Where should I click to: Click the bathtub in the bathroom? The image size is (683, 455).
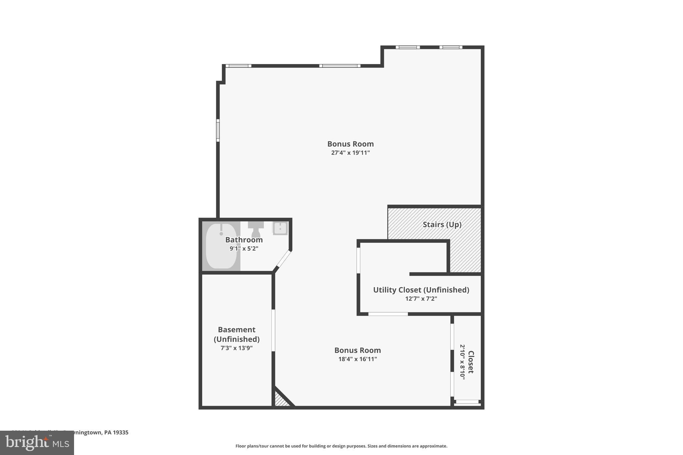(221, 247)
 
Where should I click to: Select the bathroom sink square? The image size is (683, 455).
(280, 229)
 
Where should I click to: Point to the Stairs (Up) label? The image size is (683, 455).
(442, 224)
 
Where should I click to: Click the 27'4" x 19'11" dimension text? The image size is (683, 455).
(350, 153)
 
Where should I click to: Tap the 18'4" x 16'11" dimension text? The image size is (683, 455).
(358, 359)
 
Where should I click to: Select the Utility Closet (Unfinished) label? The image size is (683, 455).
(421, 290)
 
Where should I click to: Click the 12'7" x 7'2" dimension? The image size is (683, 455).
(421, 299)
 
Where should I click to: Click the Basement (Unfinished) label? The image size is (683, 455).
(236, 334)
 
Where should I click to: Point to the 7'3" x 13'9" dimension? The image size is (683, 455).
(236, 348)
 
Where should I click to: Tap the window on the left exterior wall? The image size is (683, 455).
(218, 130)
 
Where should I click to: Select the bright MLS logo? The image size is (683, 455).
(37, 443)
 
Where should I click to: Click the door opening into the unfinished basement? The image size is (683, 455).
(273, 330)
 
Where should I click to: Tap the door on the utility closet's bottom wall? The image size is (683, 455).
(388, 314)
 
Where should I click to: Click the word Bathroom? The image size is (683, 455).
(244, 240)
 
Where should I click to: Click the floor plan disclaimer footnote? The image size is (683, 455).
(341, 446)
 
